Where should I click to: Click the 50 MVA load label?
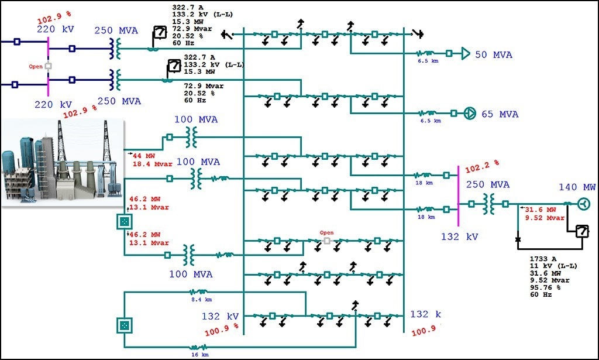click(493, 54)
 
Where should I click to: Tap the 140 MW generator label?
click(576, 187)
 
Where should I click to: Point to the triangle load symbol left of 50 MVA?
click(466, 54)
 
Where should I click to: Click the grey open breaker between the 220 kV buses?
click(48, 66)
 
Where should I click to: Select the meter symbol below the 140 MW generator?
click(581, 231)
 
